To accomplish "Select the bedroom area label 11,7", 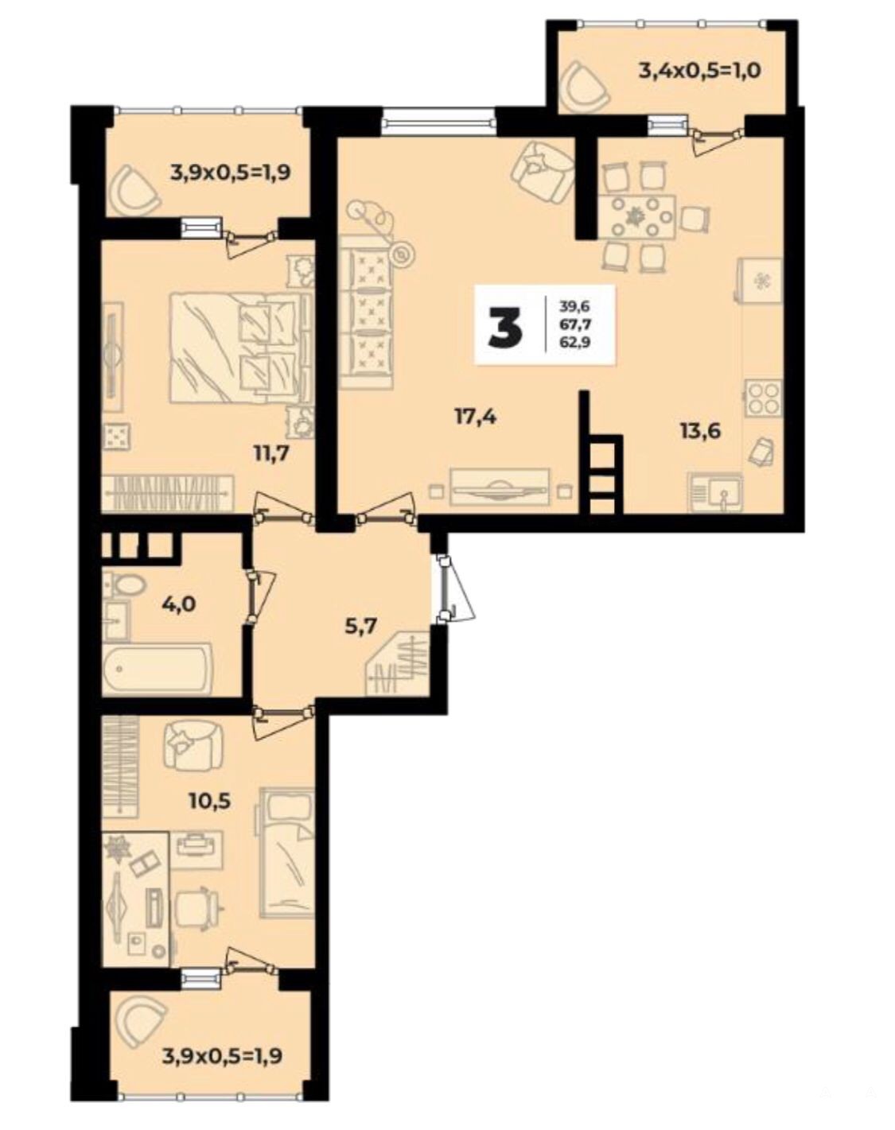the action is click(270, 452).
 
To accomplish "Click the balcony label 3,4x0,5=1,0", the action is click(699, 70).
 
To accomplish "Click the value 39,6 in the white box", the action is click(574, 304).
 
